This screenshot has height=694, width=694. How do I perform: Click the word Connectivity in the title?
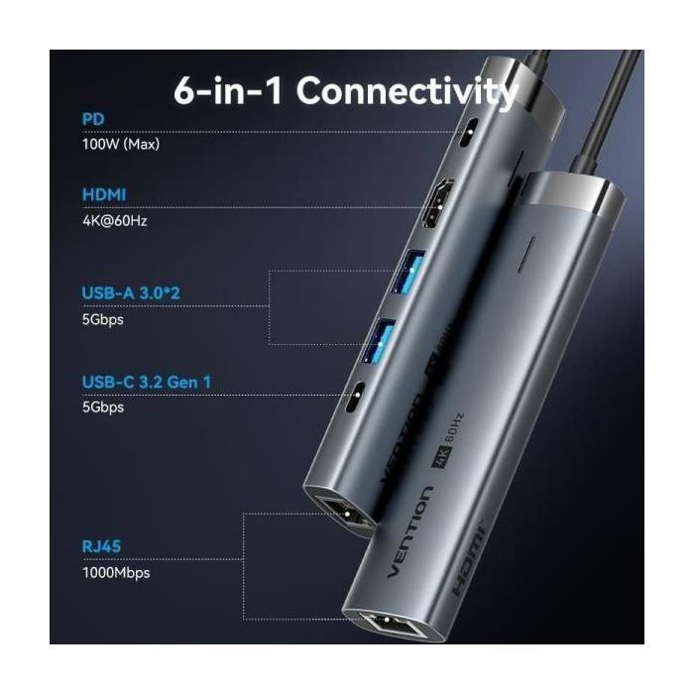coord(407,92)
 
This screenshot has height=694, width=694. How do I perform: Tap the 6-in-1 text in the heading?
coord(229,92)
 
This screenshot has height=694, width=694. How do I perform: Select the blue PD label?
coord(92,120)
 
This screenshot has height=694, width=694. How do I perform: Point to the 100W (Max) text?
coord(120,144)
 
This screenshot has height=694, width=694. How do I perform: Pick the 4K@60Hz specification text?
coord(115,220)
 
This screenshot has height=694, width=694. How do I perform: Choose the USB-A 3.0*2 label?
coord(131,294)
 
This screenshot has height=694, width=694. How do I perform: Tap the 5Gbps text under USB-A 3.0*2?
coord(103,320)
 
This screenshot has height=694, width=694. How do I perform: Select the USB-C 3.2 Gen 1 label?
coord(148,382)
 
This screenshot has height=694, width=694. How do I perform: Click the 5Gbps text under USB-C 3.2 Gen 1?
coord(103,406)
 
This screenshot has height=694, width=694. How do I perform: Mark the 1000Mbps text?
coord(117,571)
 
